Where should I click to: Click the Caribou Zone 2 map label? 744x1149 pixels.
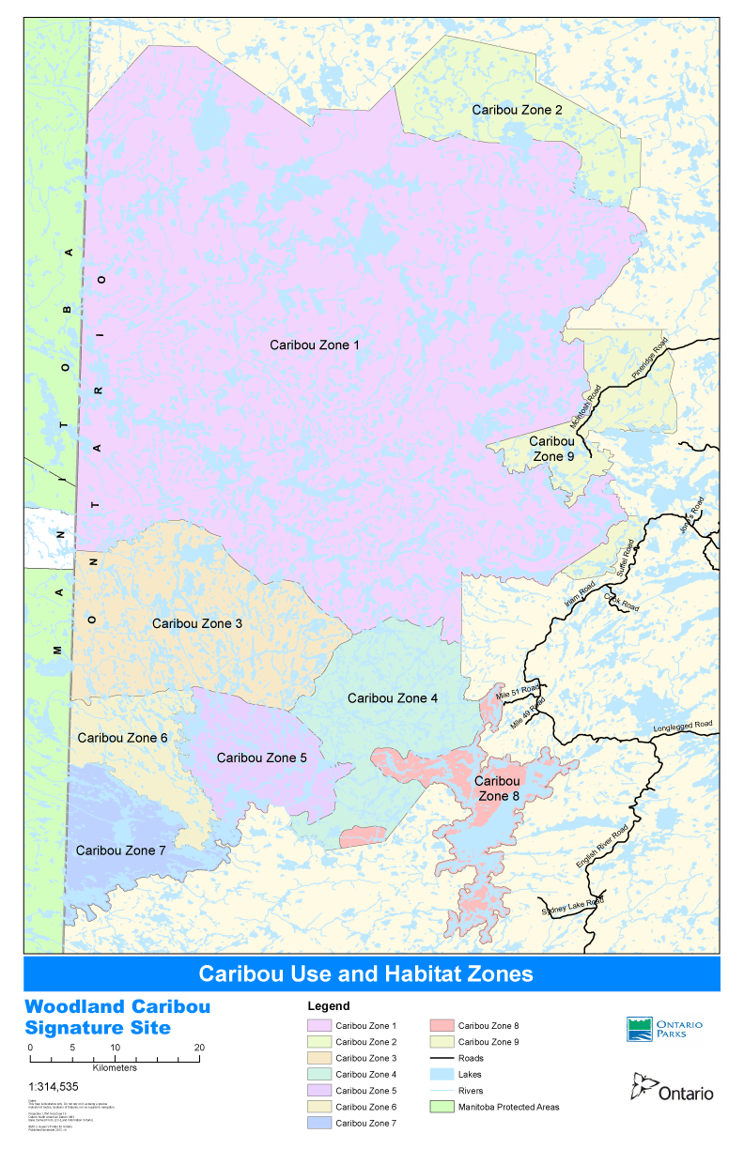pos(517,110)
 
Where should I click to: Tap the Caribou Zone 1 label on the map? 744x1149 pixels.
pos(315,345)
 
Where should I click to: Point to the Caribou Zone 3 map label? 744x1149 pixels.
pos(197,623)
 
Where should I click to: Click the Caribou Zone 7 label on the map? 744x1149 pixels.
pos(120,850)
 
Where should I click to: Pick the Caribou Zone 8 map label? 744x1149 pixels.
pos(497,789)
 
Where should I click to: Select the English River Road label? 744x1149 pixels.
pos(602,850)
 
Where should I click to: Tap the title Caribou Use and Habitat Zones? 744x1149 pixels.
pos(365,973)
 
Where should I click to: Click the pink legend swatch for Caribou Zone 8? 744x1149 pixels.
pos(442,1026)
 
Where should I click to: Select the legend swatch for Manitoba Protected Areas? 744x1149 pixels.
pos(442,1107)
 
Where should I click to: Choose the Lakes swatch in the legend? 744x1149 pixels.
pos(442,1074)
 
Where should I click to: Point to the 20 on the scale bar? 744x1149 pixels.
pos(199,1047)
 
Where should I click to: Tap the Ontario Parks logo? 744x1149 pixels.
pos(664,1029)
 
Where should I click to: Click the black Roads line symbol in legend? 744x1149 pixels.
pos(442,1058)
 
